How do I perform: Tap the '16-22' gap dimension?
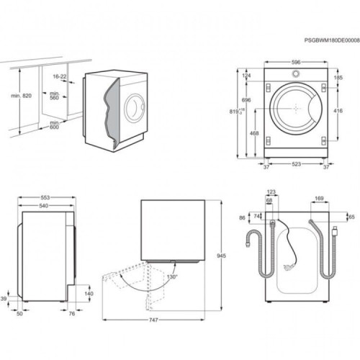[x=60, y=76]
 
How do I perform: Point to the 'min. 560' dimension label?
[x=53, y=97]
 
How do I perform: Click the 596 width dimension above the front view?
[x=295, y=62]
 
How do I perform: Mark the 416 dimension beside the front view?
[x=338, y=112]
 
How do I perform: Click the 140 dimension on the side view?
[x=89, y=294]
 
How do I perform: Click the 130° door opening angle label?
[x=172, y=277]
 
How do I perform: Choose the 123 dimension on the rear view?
[x=271, y=192]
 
